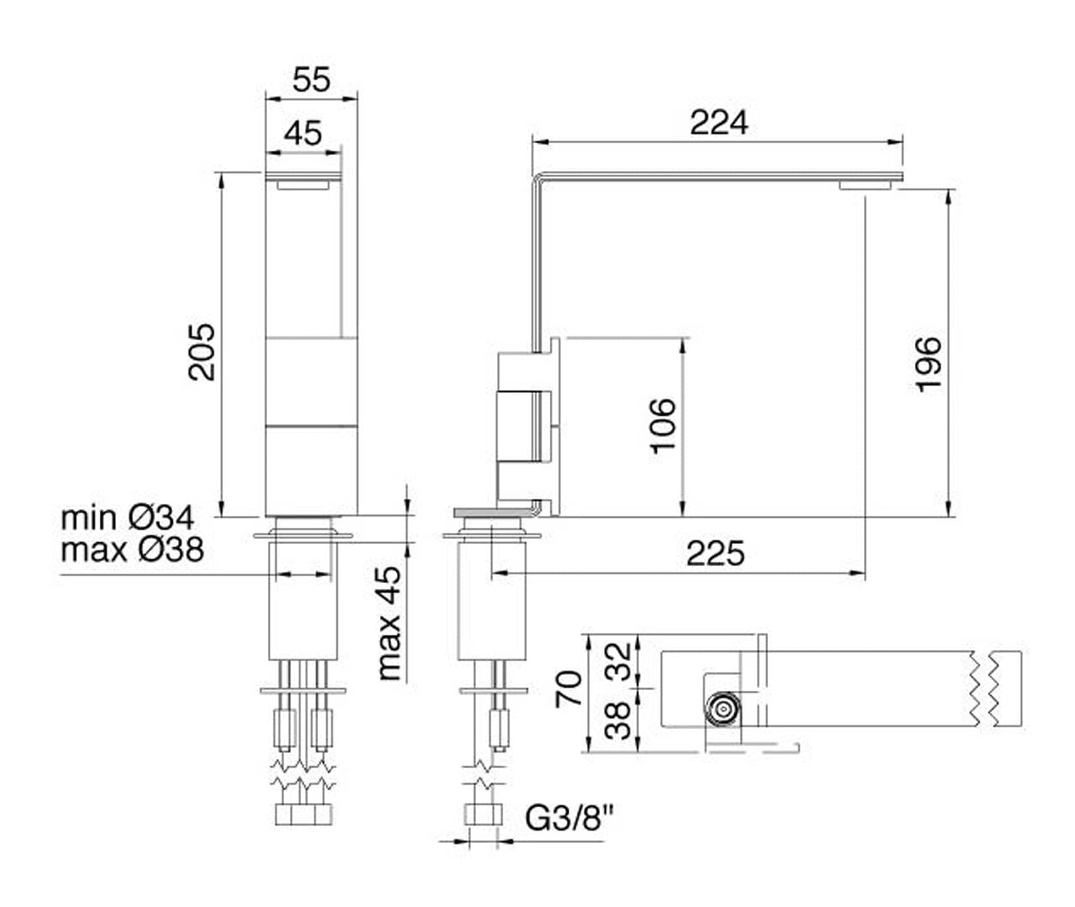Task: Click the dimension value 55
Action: pos(311,80)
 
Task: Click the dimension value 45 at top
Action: pos(303,134)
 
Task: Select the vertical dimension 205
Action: pos(201,352)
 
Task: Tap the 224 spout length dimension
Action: pos(719,122)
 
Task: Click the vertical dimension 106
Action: pos(663,425)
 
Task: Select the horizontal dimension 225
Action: pos(715,554)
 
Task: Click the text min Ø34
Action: pos(128,518)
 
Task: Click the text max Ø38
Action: pos(132,549)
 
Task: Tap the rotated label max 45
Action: pos(389,623)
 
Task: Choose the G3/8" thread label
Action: pos(569,818)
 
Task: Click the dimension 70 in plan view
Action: pos(568,689)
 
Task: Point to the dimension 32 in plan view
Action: pos(618,661)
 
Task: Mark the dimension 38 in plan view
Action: pos(618,720)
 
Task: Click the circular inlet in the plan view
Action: pos(723,708)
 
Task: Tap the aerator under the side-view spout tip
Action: pos(865,186)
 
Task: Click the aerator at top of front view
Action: pos(303,186)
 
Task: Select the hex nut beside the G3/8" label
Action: pos(483,814)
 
